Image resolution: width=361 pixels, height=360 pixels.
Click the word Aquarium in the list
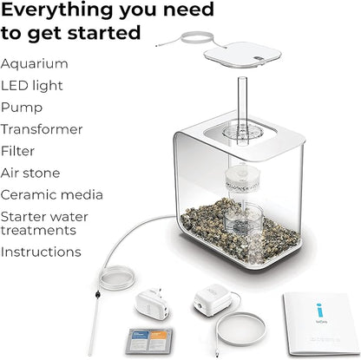(35, 63)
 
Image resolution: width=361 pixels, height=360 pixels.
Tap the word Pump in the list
(23, 107)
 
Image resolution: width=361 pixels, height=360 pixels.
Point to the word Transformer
(42, 129)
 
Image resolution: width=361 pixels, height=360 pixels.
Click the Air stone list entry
(30, 173)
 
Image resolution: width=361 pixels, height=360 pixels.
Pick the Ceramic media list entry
(51, 194)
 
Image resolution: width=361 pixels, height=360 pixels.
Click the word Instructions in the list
(41, 252)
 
